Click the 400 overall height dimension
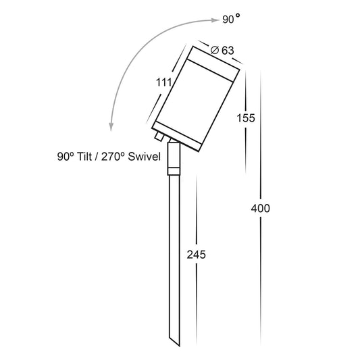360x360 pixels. [260, 209]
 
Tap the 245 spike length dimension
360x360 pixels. [197, 255]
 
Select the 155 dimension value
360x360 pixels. [246, 118]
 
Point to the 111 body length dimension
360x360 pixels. [164, 82]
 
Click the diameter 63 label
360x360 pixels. [222, 50]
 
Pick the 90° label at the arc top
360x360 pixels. [232, 20]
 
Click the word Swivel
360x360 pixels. [144, 157]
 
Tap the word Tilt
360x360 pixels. [84, 157]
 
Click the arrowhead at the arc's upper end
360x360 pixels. [216, 20]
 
